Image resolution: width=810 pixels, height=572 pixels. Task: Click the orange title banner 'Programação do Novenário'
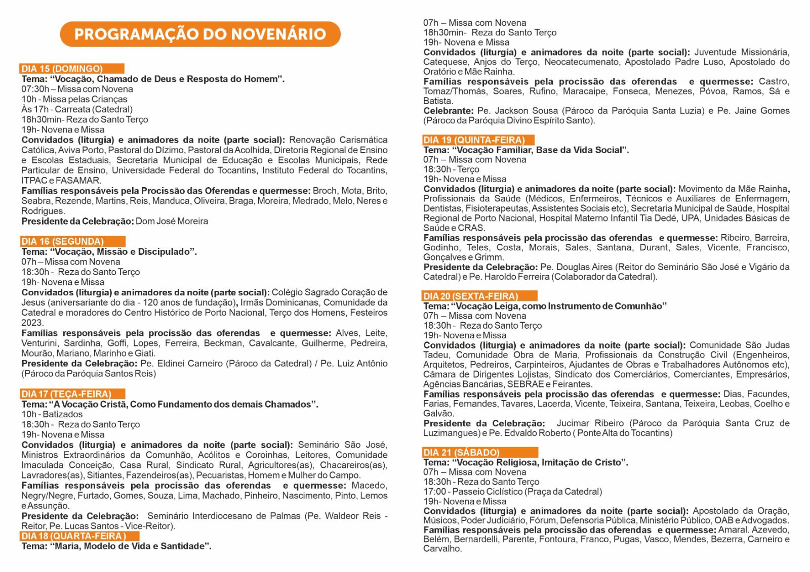point(200,34)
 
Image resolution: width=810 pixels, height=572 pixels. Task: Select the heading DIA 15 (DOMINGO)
point(62,69)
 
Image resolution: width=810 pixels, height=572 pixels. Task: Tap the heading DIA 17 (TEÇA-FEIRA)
point(66,394)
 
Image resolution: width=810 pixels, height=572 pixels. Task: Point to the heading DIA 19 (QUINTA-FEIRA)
point(474,140)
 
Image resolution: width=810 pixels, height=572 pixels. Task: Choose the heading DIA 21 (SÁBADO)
point(461,453)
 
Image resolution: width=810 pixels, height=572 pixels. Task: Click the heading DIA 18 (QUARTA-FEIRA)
point(73,536)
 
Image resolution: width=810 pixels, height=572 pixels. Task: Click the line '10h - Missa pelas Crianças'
point(74,99)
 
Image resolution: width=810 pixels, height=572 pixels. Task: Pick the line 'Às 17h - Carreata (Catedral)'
point(77,109)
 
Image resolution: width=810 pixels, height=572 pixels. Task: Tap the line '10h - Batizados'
point(52,414)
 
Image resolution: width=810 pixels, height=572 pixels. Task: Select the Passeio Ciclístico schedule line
point(512,492)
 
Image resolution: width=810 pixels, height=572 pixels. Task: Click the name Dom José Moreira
point(172,221)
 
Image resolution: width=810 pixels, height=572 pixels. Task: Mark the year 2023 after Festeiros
point(32,323)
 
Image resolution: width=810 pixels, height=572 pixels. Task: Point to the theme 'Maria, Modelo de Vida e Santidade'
point(130,546)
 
